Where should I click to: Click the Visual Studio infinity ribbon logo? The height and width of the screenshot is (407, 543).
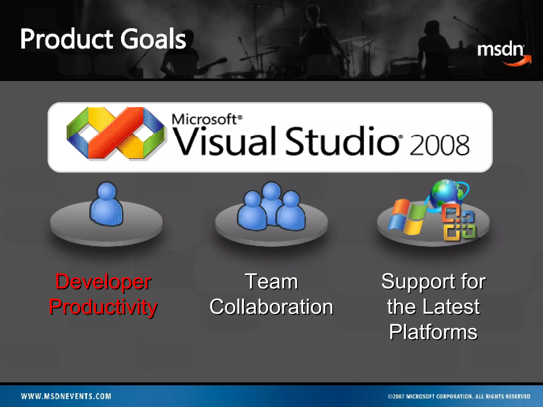click(116, 133)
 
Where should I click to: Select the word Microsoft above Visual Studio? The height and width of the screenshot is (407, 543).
click(204, 119)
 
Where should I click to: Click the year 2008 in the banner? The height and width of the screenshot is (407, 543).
click(439, 145)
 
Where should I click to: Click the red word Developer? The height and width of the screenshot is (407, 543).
click(103, 282)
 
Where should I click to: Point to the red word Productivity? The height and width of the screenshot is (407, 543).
click(103, 307)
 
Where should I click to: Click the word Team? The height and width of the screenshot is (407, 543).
click(271, 281)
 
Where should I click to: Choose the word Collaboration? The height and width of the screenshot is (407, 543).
click(271, 307)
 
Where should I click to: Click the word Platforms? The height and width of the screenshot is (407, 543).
click(433, 332)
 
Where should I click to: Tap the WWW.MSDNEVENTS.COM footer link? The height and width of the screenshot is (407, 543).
click(66, 396)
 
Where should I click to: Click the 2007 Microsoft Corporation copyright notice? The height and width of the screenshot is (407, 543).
click(459, 396)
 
